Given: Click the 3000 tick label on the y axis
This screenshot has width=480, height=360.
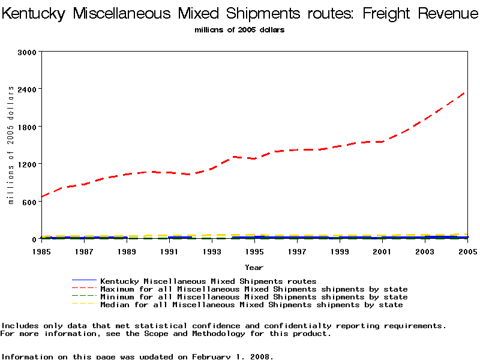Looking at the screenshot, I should tap(28, 52).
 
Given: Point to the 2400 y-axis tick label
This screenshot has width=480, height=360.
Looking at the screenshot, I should tap(28, 89).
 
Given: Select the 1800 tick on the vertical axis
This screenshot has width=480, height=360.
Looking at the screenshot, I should tap(28, 127).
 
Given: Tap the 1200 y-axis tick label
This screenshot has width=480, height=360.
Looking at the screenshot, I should tap(28, 164).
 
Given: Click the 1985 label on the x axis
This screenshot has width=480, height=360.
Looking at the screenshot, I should tap(41, 251).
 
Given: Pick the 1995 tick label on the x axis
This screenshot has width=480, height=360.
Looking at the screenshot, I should tap(254, 251).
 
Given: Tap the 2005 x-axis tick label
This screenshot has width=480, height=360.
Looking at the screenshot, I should tap(467, 251).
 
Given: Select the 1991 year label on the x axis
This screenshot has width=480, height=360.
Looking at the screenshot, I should tap(169, 251).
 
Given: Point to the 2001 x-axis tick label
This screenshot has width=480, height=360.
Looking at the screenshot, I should tap(382, 251).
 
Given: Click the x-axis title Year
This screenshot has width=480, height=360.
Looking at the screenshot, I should tap(254, 267).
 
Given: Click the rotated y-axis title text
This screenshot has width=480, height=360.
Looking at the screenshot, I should tap(11, 145).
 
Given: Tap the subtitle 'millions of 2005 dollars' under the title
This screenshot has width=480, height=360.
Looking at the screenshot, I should tap(239, 30).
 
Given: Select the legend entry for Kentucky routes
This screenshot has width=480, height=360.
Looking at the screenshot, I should tap(208, 281).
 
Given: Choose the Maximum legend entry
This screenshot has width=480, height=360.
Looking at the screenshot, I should tap(254, 289).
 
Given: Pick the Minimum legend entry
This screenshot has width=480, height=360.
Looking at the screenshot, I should tap(254, 297).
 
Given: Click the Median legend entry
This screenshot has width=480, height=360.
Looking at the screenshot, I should tap(251, 305).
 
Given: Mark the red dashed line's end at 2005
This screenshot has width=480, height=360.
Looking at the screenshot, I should tap(466, 91).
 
